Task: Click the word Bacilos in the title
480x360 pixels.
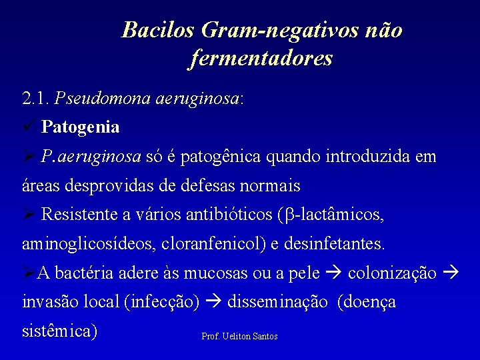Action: click(x=158, y=30)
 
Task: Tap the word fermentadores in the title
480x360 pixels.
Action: click(x=261, y=59)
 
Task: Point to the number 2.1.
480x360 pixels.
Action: click(x=36, y=99)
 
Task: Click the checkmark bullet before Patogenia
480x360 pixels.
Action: click(x=29, y=125)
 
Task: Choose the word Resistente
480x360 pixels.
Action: click(x=79, y=215)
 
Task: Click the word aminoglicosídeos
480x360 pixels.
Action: click(x=88, y=244)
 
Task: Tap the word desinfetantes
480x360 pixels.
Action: click(x=334, y=244)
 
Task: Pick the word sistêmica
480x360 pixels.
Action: click(x=59, y=331)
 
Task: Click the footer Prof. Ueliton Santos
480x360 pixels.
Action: click(x=239, y=337)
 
